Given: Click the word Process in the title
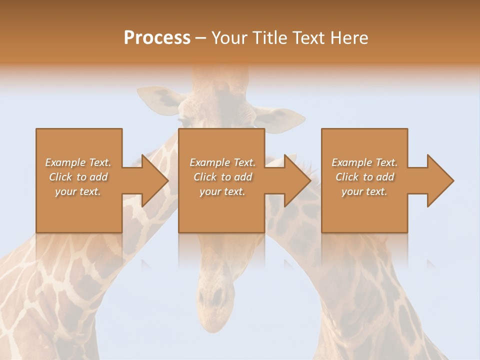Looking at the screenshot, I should click(x=157, y=38).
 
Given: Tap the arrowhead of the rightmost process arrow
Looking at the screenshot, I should click(x=439, y=180).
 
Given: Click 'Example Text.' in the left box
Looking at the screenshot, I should click(x=78, y=162).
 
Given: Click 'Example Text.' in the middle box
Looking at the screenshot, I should click(x=222, y=162).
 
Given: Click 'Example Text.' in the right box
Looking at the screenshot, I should click(x=364, y=162).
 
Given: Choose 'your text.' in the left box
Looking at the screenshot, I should click(x=78, y=191).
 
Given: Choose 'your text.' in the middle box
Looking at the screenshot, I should click(x=222, y=191).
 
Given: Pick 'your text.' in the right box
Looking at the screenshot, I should click(x=364, y=191).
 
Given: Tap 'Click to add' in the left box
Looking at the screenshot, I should click(x=78, y=177).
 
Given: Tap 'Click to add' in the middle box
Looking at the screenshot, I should click(x=222, y=177).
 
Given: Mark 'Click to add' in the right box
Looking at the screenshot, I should click(x=364, y=177).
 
